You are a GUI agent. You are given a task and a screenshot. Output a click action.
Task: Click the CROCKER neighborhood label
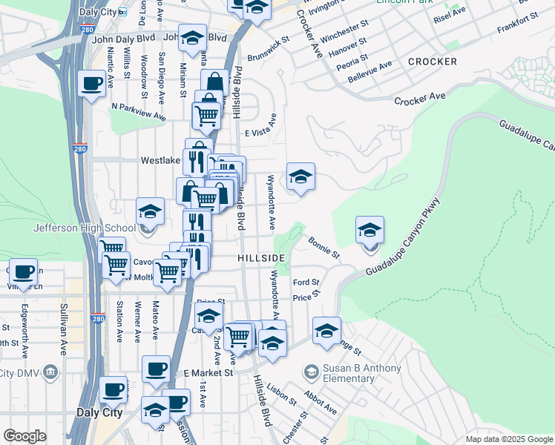click(433, 62)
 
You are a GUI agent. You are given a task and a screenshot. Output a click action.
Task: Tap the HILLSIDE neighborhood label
click(261, 257)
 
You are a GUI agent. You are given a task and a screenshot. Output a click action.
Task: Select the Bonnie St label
click(324, 248)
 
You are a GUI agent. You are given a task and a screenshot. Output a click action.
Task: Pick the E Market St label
click(208, 373)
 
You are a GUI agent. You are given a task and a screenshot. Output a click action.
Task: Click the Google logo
click(24, 436)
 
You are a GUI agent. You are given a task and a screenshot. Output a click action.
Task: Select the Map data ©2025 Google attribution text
click(509, 439)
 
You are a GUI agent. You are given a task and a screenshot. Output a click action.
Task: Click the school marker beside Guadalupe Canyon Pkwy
click(370, 231)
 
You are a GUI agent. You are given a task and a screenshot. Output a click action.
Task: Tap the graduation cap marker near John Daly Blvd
click(193, 39)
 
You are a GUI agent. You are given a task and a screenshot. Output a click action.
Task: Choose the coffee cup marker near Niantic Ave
click(92, 84)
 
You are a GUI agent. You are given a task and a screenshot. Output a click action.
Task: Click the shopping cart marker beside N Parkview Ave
click(206, 116)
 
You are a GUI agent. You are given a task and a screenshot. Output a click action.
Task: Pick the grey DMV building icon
click(50, 371)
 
